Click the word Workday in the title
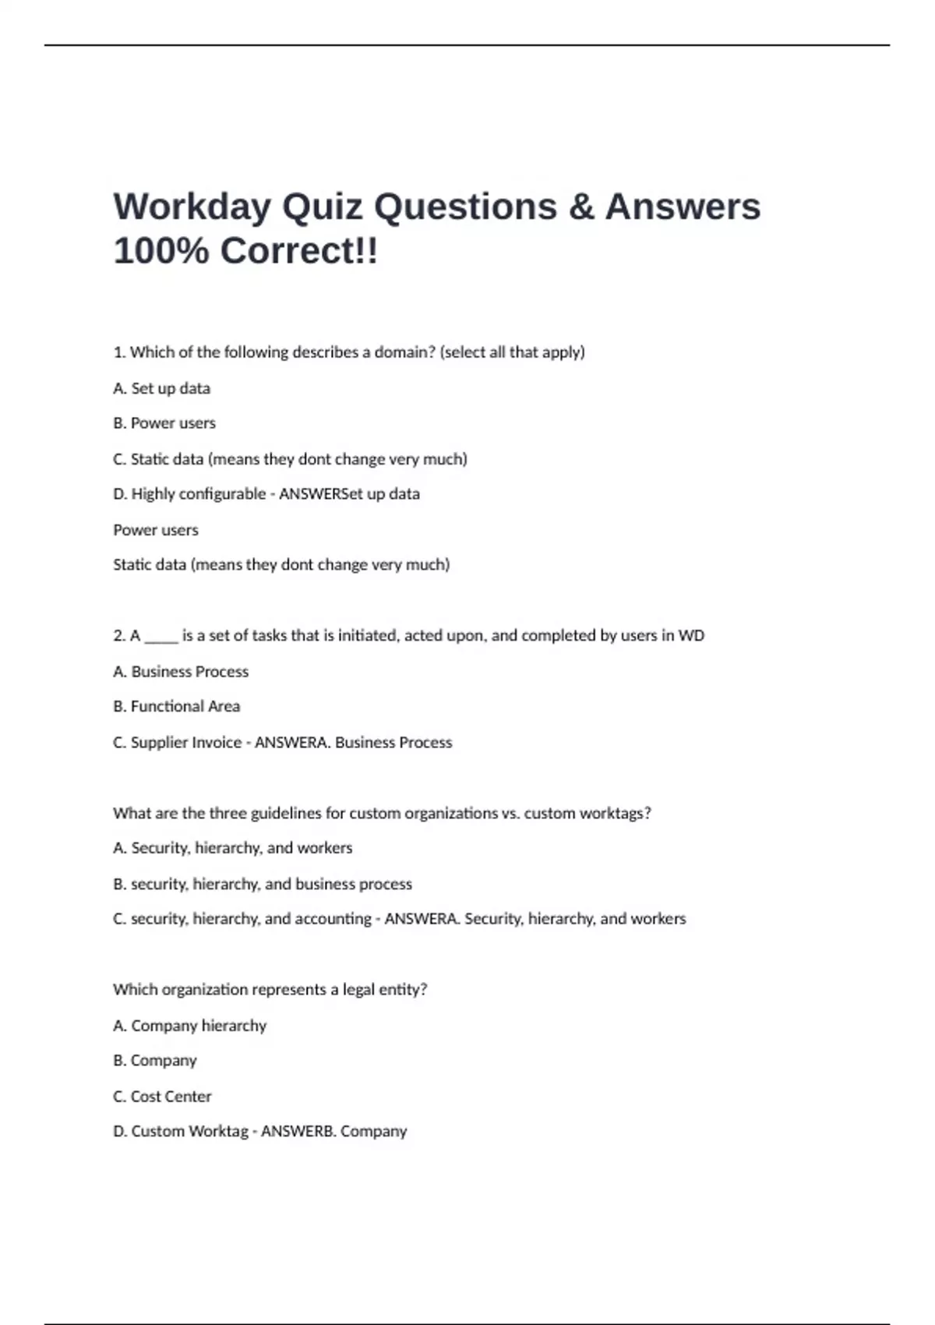click(x=192, y=207)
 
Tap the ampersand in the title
click(x=581, y=207)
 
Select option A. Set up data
click(x=161, y=388)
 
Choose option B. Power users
click(x=164, y=423)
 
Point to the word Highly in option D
click(x=154, y=494)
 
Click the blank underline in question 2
click(x=161, y=638)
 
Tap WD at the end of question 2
click(x=691, y=635)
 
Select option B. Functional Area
click(x=176, y=706)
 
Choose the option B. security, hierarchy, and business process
click(x=263, y=884)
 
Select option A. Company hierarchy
click(x=189, y=1026)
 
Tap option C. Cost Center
click(x=162, y=1097)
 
